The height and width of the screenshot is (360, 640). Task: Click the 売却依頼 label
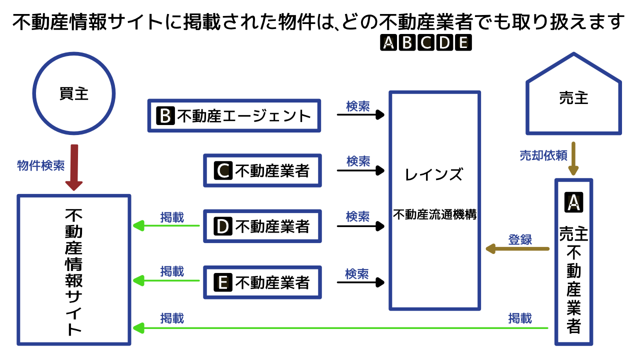pos(543,155)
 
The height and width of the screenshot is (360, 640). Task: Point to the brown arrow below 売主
pos(573,158)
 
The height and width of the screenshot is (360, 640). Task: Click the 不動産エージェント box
pos(234,116)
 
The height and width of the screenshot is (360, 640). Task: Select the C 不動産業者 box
pos(262,171)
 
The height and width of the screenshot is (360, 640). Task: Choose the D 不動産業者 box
pos(262,227)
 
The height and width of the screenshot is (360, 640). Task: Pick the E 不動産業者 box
pos(262,282)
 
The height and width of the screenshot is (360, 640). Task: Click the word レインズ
pos(434,174)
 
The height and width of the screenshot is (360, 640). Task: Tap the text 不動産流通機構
pos(434,215)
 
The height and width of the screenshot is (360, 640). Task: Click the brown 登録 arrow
pos(517,248)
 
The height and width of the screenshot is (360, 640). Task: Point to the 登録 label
pos(520,239)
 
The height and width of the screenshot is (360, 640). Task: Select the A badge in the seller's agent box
pos(573,201)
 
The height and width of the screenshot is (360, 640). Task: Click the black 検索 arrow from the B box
pos(360,115)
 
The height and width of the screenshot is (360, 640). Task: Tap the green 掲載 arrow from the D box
pos(166,226)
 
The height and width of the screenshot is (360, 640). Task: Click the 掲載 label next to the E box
pos(172,271)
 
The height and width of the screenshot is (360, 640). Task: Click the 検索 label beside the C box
pos(358,161)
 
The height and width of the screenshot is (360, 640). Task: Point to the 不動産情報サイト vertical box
pos(74,270)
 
